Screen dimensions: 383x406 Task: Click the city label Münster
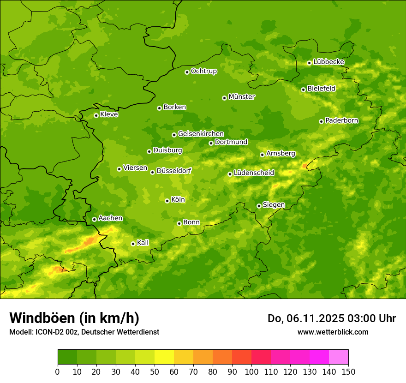[x=242, y=97]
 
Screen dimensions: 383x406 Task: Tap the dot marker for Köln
[x=167, y=201]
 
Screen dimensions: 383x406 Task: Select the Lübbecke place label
[x=328, y=62]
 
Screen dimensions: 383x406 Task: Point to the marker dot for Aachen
[x=94, y=219]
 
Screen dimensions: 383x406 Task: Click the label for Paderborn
[x=341, y=120]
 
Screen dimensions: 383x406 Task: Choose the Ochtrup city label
[x=203, y=71]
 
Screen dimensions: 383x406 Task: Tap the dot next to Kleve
[x=96, y=115]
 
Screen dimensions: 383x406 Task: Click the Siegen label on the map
[x=274, y=205]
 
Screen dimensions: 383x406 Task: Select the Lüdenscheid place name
[x=254, y=173]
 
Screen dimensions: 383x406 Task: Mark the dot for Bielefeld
[x=303, y=90]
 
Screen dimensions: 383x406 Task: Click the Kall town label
[x=143, y=243]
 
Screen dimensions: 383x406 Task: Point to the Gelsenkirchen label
[x=201, y=134]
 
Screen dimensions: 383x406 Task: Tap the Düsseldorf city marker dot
[x=152, y=172]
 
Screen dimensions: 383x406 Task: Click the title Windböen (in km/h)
[x=74, y=318]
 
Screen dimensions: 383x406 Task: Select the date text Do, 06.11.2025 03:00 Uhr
[x=331, y=318]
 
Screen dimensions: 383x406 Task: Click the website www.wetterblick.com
[x=333, y=332]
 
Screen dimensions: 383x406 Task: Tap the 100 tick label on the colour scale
[x=251, y=372]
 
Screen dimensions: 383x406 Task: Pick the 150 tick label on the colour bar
[x=348, y=372]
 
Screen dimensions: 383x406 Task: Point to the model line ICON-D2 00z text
[x=84, y=332]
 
